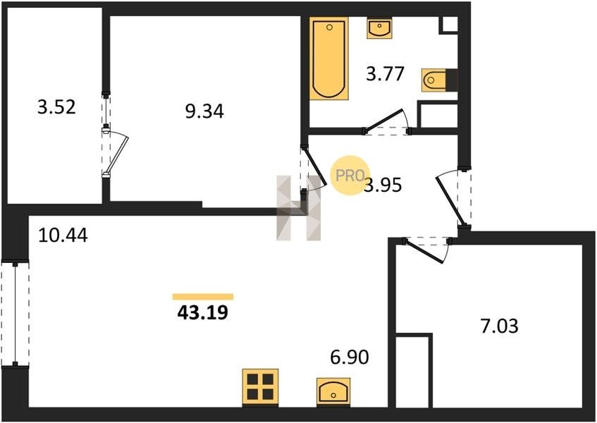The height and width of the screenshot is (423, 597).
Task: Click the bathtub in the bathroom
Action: pos(329,59)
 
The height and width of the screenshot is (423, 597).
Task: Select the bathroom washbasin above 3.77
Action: pos(379,27)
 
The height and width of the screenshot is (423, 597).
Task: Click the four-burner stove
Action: pos(260,387)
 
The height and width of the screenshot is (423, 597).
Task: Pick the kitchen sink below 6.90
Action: pos(333,391)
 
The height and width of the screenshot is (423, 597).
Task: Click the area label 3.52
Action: pos(56,107)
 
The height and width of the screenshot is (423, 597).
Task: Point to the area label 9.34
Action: pos(204,111)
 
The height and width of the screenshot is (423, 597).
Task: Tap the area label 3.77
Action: pos(385,73)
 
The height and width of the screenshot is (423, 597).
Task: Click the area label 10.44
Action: pos(63,235)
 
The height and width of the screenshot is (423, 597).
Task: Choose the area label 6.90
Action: pos(350,357)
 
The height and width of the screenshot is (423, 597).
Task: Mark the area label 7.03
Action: pos(500,326)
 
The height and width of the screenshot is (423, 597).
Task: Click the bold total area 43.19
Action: pos(202,312)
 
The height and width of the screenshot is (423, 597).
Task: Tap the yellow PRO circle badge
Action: pos(348,175)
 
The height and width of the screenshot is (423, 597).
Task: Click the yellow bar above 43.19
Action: pos(203,297)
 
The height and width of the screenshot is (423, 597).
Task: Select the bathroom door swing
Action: pos(386,121)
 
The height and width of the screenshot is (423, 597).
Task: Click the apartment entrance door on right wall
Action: pos(450,197)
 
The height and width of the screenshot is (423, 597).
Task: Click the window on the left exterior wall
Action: pos(16,313)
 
